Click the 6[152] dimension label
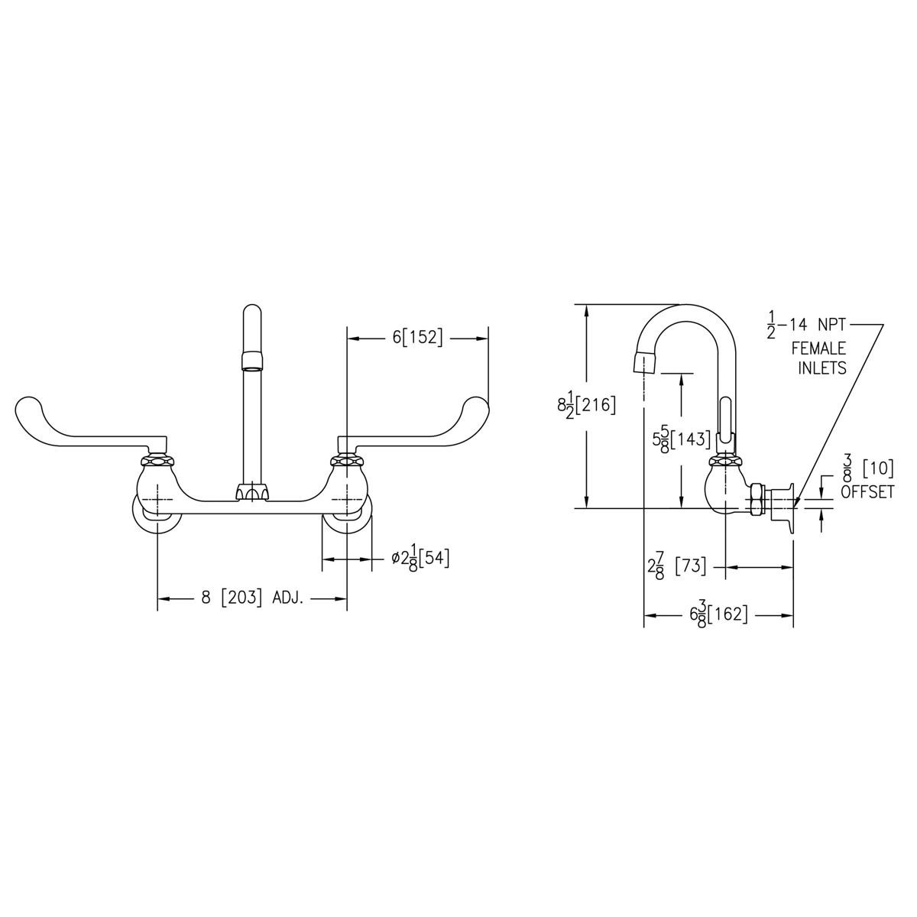coord(417,338)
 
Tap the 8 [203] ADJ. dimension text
coord(253,598)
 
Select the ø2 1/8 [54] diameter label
coord(420,559)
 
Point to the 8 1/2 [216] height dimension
coord(586,405)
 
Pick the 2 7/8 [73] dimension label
coord(676,567)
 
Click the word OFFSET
coord(867,493)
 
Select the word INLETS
coord(822,368)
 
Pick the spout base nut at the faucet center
coord(252,493)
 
